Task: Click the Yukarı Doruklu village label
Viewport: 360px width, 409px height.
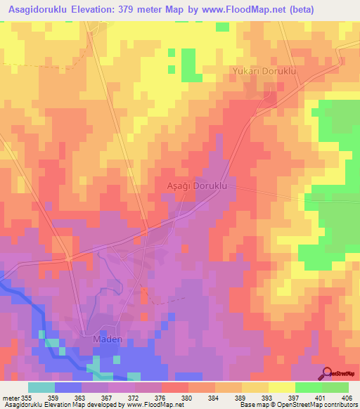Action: [265, 72]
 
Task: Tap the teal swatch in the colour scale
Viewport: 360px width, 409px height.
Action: [41, 387]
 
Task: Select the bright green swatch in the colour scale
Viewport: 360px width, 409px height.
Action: [309, 387]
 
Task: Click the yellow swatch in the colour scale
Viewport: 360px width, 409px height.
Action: [282, 387]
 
